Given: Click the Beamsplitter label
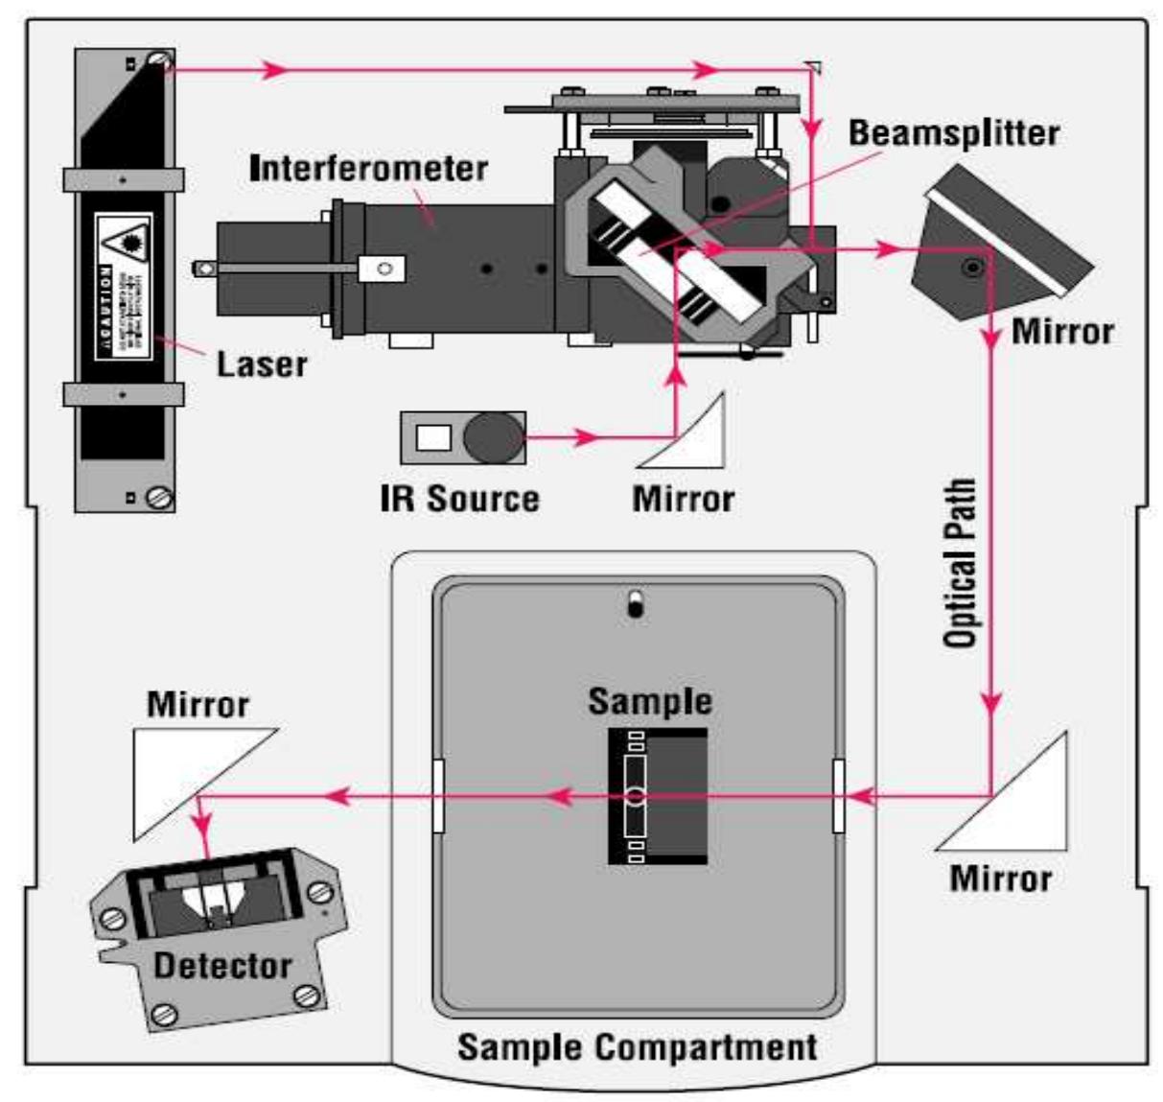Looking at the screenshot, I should coord(953,133).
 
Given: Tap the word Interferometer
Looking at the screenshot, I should coord(369,169).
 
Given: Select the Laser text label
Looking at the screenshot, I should coord(261,364).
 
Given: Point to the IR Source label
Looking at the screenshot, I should coord(459,499).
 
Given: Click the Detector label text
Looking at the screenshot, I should coord(222,965).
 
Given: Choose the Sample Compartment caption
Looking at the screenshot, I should coord(637,1046).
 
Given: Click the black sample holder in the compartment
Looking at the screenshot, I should coord(658,796).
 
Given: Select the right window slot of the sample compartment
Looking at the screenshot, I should coord(839,795).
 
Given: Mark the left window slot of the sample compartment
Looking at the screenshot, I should coord(439,795).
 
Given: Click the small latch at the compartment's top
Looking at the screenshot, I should coord(634,604).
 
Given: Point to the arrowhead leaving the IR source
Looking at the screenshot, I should coord(585,438).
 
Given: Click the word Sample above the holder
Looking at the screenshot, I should coord(650,701).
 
